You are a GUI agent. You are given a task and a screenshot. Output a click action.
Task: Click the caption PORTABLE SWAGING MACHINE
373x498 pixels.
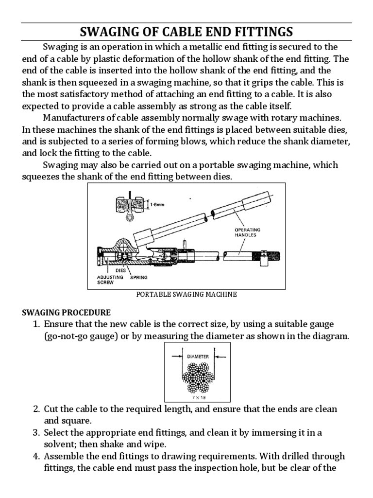186,294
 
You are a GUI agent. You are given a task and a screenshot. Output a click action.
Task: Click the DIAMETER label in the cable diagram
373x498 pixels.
197,356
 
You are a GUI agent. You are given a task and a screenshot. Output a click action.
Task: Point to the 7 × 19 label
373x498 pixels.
196,397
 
